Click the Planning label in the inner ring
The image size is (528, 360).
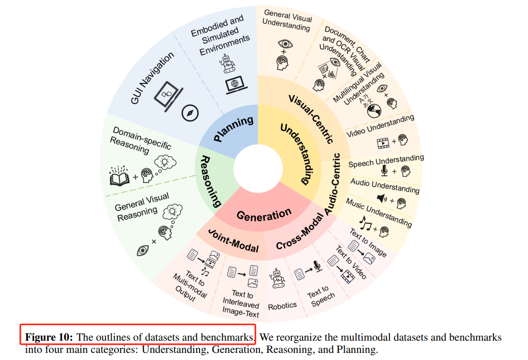tap(234, 129)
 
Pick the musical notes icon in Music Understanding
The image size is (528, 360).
tap(365, 222)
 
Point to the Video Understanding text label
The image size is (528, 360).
tap(380, 126)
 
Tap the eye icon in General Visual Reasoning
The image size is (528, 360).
tap(143, 250)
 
